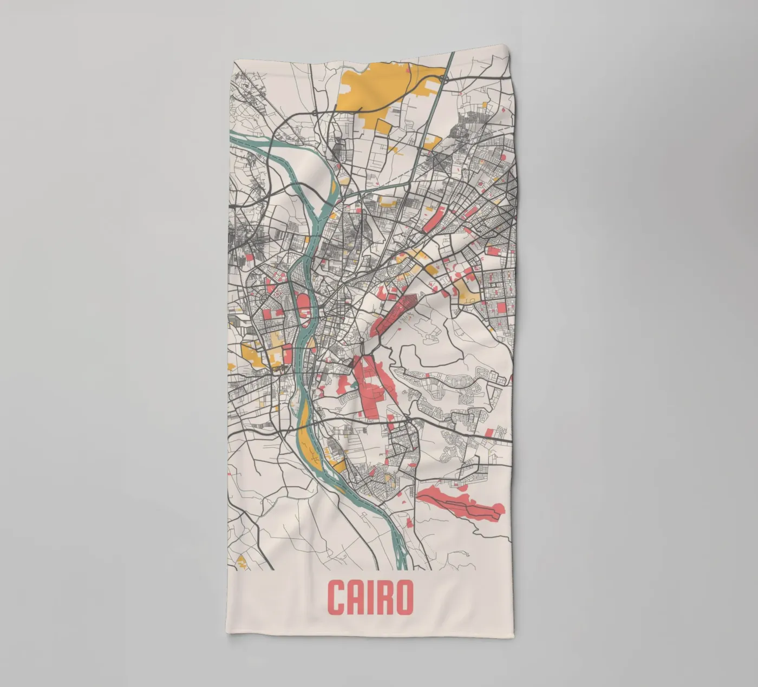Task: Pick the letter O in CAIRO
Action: (x=404, y=598)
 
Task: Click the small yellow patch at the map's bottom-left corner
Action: (x=241, y=561)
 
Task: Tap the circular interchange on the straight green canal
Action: (x=443, y=79)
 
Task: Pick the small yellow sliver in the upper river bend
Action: (x=334, y=189)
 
